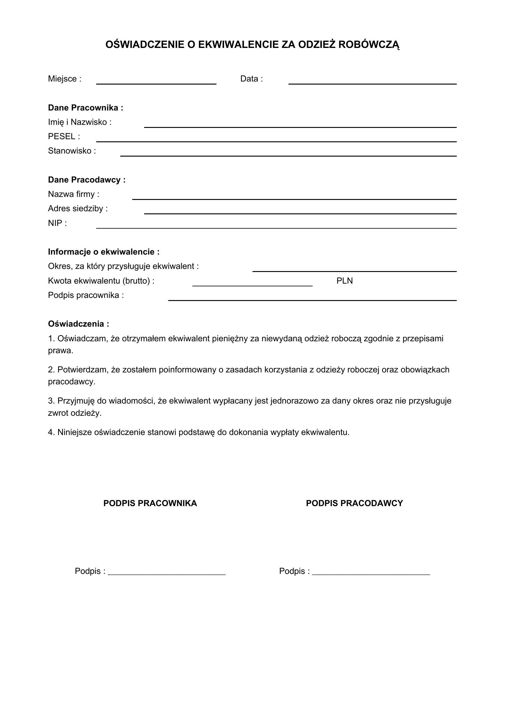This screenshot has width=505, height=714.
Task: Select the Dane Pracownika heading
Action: [x=85, y=108]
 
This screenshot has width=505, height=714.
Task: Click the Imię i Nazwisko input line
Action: [x=300, y=125]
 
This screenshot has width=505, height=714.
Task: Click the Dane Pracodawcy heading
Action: [x=87, y=180]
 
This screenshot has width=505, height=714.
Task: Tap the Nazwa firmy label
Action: [x=73, y=194]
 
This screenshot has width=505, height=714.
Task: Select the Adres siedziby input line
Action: [x=300, y=212]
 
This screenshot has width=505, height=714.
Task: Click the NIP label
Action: [x=57, y=223]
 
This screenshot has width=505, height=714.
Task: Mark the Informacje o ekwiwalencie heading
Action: [x=104, y=252]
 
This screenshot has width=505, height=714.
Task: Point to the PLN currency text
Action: [x=344, y=281]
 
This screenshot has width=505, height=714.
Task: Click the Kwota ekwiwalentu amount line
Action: [x=252, y=284]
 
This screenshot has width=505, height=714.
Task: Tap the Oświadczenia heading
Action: [x=78, y=324]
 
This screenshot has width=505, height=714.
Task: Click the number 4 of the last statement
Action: [x=51, y=433]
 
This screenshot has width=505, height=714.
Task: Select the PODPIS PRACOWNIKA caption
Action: [x=150, y=503]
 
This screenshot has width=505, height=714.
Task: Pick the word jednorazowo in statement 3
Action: [x=294, y=401]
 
